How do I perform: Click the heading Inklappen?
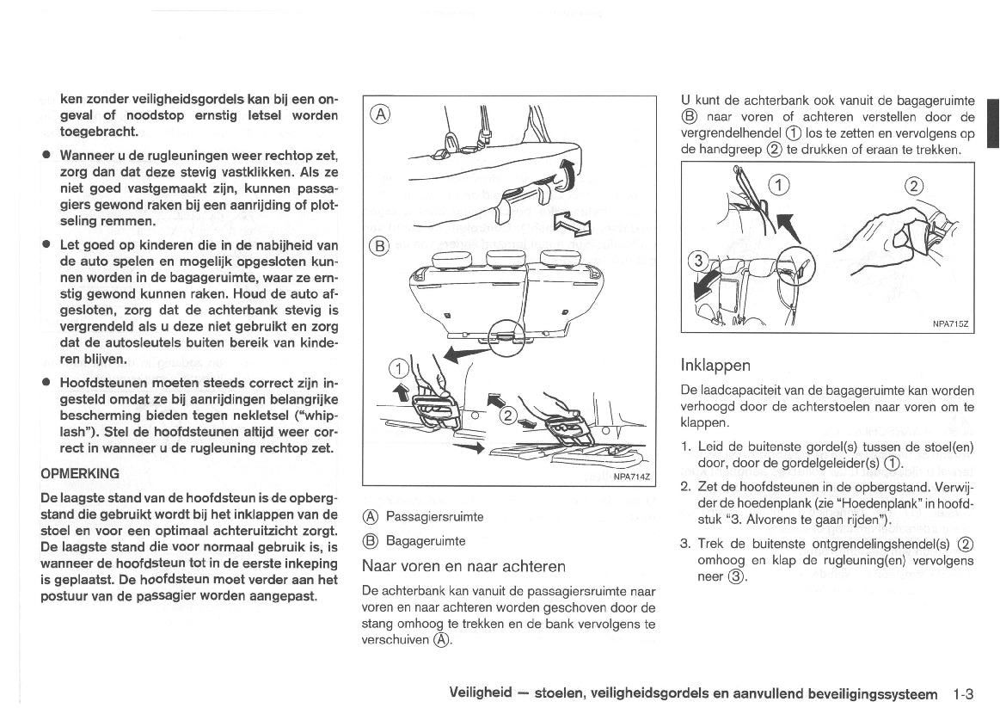pyautogui.click(x=715, y=364)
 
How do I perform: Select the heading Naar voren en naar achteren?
pyautogui.click(x=464, y=566)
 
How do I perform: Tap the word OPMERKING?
pyautogui.click(x=81, y=473)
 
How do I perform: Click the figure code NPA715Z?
pyautogui.click(x=950, y=323)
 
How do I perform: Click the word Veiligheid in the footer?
pyautogui.click(x=481, y=693)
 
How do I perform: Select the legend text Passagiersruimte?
pyautogui.click(x=434, y=517)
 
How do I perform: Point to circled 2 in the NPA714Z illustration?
pyautogui.click(x=508, y=417)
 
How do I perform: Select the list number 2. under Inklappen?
pyautogui.click(x=686, y=485)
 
